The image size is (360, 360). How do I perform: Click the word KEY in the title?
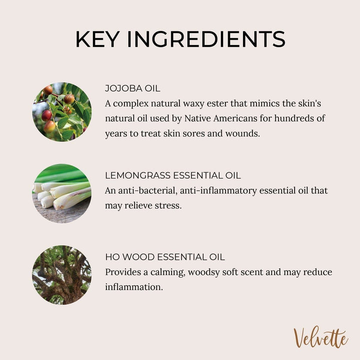pyautogui.click(x=97, y=39)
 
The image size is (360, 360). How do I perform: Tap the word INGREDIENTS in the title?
pyautogui.click(x=206, y=39)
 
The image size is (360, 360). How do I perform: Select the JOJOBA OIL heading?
pyautogui.click(x=132, y=88)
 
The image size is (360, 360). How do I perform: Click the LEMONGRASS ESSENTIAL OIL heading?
pyautogui.click(x=173, y=175)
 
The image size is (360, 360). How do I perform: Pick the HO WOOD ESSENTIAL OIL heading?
pyautogui.click(x=165, y=257)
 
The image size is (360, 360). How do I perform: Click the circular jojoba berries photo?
pyautogui.click(x=62, y=112)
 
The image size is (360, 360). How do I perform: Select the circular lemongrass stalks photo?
pyautogui.click(x=62, y=193)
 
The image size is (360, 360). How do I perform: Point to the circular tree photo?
pyautogui.click(x=62, y=275)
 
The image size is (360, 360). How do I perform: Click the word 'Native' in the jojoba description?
pyautogui.click(x=197, y=118)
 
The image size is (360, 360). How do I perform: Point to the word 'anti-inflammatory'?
pyautogui.click(x=218, y=190)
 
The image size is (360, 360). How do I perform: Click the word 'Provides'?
pyautogui.click(x=123, y=272)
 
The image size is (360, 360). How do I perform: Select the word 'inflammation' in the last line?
pyautogui.click(x=134, y=287)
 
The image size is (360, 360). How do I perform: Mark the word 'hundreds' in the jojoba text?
pyautogui.click(x=295, y=118)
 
